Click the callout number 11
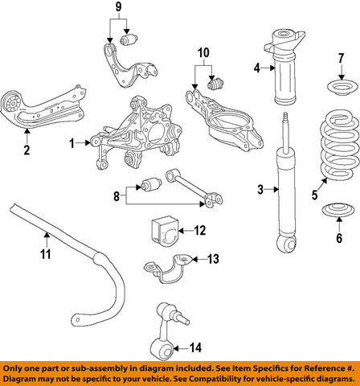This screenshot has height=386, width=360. (x=47, y=255)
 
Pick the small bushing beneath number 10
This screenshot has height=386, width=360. (x=215, y=82)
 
